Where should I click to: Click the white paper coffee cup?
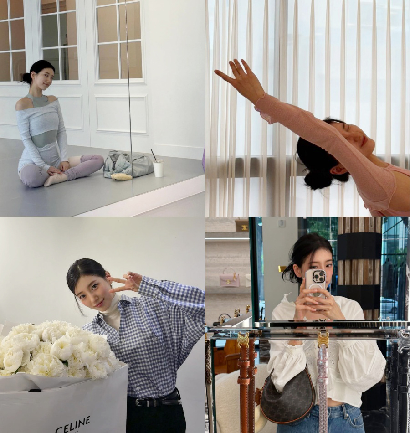point(158,169)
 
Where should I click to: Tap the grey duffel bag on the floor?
point(128,164)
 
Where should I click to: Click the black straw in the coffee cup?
point(153,155)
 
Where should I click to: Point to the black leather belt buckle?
point(140,402)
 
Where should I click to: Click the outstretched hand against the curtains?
point(240,76)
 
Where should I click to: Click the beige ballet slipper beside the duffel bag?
point(122,176)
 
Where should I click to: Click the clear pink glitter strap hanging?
point(323,381)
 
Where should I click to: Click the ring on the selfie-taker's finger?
point(329,295)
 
